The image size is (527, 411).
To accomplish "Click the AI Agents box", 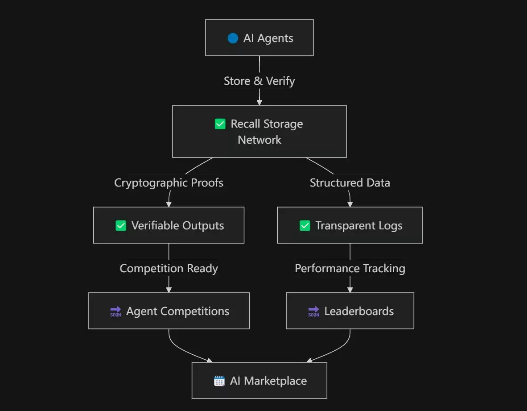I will click(x=259, y=38).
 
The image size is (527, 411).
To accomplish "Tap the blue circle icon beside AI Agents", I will click(x=233, y=38).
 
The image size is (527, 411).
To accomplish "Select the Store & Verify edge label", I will click(x=259, y=81).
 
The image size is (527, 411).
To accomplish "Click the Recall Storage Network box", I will click(x=259, y=131).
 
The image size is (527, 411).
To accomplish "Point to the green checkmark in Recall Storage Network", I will click(x=220, y=124).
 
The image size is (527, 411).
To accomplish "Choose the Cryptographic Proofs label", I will click(x=169, y=183).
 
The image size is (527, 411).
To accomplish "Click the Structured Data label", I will click(x=350, y=183).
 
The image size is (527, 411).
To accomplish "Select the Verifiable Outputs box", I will click(x=169, y=225).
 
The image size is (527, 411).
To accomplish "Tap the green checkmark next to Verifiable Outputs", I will click(x=121, y=226).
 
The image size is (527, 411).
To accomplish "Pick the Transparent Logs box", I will click(x=350, y=225).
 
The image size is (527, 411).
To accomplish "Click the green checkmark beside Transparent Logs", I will click(x=305, y=226).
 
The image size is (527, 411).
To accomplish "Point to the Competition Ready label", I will click(x=169, y=268).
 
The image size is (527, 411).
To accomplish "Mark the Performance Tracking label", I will click(x=350, y=268).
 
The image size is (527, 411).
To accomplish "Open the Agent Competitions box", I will click(x=169, y=311).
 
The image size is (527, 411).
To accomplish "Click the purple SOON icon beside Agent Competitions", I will click(x=115, y=311).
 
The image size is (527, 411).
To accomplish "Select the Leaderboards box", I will click(x=350, y=311).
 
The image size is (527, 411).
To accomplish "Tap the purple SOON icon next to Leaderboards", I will click(x=313, y=311).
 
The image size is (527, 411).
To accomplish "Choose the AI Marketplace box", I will click(x=259, y=381).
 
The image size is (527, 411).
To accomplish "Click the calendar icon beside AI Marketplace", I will click(x=219, y=381).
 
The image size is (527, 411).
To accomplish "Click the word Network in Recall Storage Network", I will click(x=259, y=140).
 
